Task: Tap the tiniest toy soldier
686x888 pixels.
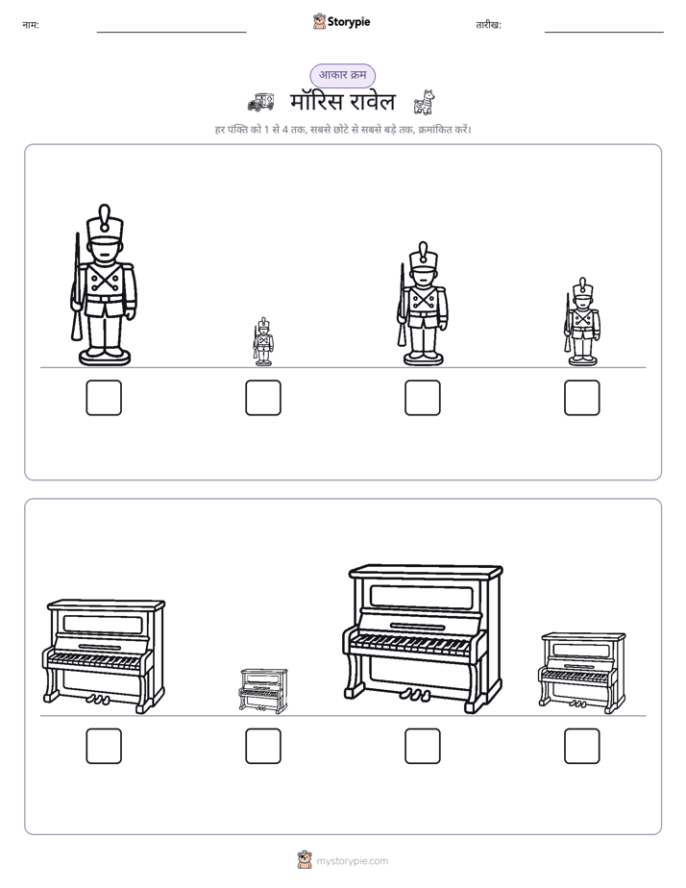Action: click(262, 341)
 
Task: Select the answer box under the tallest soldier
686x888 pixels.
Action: click(104, 398)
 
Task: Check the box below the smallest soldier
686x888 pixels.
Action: click(263, 398)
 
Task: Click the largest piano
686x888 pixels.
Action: click(422, 638)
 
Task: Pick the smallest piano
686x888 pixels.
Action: click(263, 690)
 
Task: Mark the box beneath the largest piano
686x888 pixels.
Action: click(423, 746)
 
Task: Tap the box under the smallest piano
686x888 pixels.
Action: click(263, 746)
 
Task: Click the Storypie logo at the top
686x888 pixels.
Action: click(341, 21)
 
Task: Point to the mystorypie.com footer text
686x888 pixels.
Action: click(352, 861)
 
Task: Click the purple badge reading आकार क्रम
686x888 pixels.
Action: click(342, 75)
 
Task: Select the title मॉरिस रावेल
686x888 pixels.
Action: click(342, 102)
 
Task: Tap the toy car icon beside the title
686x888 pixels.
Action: click(261, 102)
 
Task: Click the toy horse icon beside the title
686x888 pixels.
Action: click(424, 102)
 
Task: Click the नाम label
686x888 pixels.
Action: click(31, 25)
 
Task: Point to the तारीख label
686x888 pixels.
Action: click(488, 25)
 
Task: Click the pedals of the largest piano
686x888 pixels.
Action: click(414, 694)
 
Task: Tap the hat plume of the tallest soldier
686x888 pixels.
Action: click(105, 212)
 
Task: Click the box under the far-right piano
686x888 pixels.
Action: click(582, 746)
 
